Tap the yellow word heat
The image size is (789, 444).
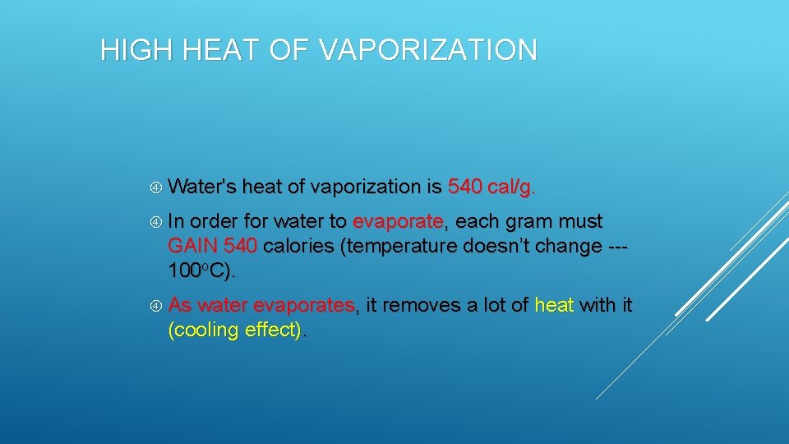point(554,306)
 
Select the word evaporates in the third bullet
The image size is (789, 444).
point(305,306)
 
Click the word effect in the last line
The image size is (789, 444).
point(274,330)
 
